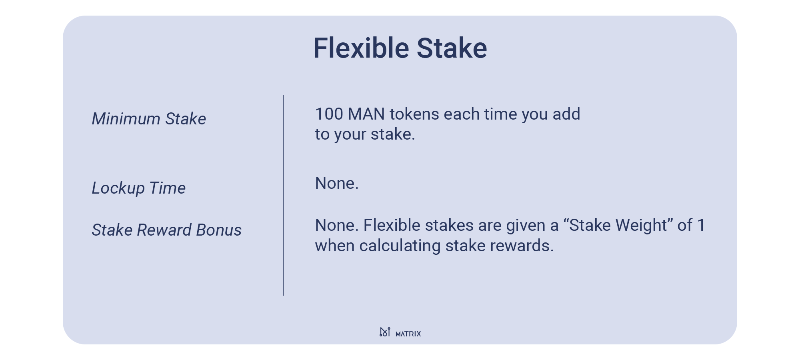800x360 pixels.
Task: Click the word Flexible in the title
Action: (x=361, y=48)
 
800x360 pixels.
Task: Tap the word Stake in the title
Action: (x=452, y=48)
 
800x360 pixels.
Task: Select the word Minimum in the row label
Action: (x=126, y=119)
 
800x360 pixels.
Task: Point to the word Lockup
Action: (x=118, y=188)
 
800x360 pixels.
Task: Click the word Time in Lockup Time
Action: (x=167, y=188)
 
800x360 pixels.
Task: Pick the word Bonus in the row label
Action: (x=219, y=230)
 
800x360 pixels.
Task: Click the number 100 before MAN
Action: (x=329, y=114)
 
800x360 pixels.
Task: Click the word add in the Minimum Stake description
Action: (x=566, y=114)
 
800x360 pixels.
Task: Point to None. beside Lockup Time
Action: (x=337, y=183)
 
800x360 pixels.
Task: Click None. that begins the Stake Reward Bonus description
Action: (x=337, y=225)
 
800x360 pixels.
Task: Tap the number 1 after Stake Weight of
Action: (x=701, y=225)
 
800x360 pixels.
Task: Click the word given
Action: (x=524, y=226)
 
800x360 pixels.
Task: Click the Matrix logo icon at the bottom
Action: (x=385, y=332)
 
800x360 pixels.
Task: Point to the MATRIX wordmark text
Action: (x=408, y=334)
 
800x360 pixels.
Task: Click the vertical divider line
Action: (x=284, y=195)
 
